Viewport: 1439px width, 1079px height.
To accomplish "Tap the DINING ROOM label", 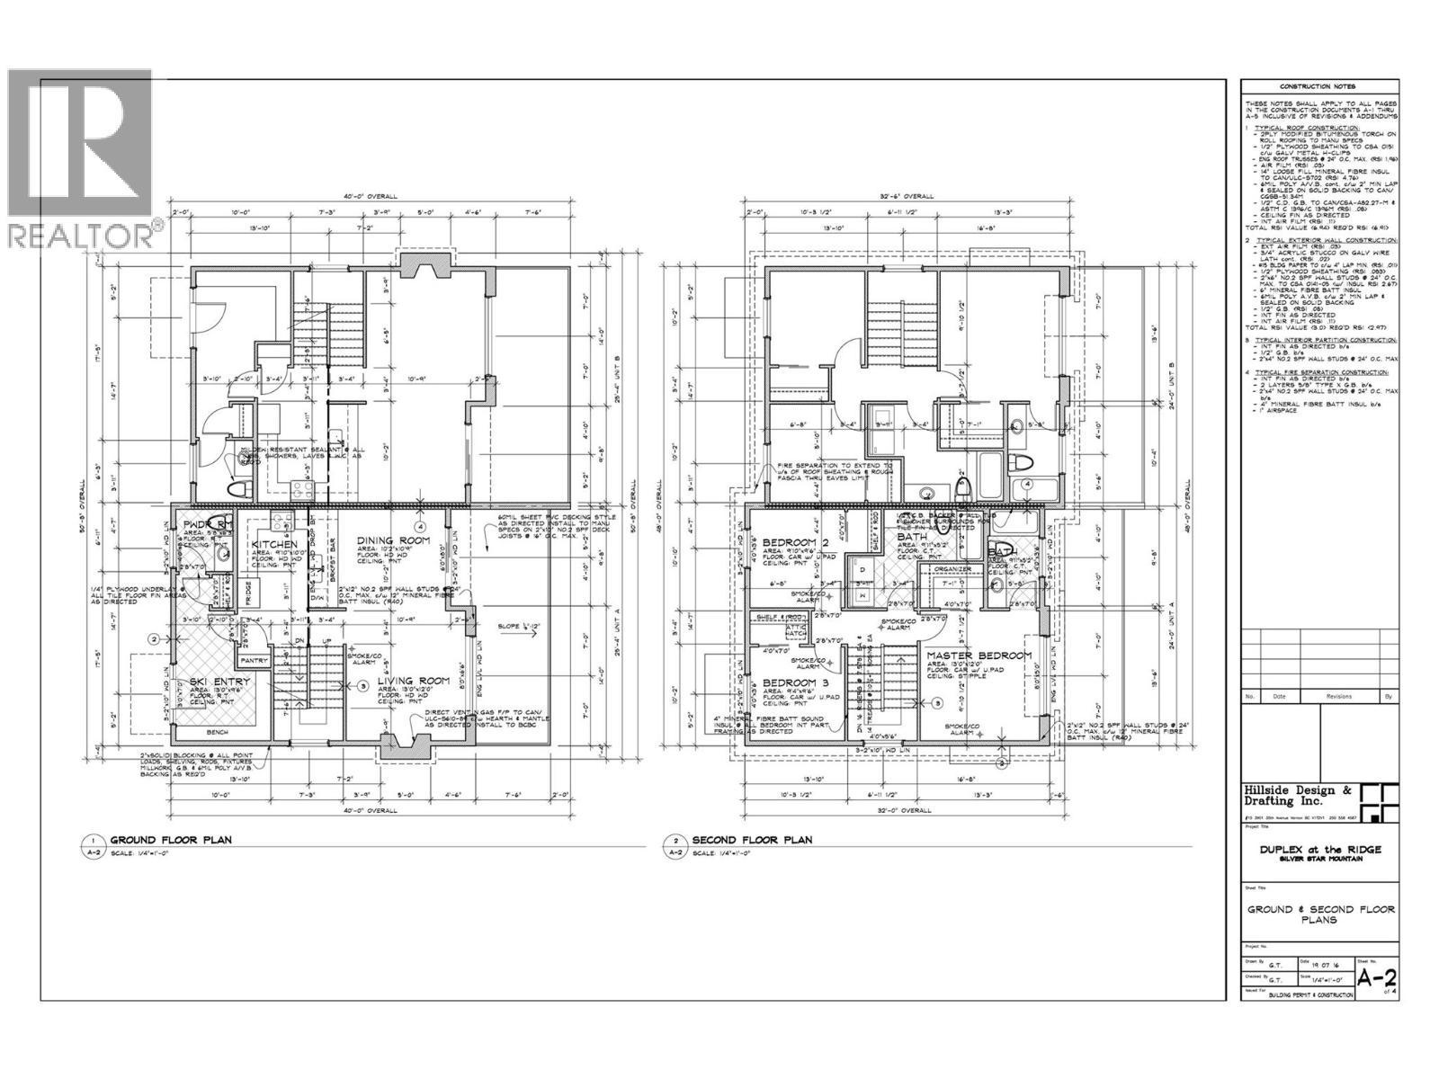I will click(394, 540).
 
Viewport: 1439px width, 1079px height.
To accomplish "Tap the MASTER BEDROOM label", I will click(979, 655).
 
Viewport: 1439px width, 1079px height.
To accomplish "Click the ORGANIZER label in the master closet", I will click(952, 568).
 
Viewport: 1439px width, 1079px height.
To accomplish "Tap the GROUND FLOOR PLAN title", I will click(170, 840).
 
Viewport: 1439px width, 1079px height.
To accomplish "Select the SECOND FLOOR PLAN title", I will click(752, 840).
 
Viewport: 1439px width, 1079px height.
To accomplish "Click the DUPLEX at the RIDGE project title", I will click(1320, 849).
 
